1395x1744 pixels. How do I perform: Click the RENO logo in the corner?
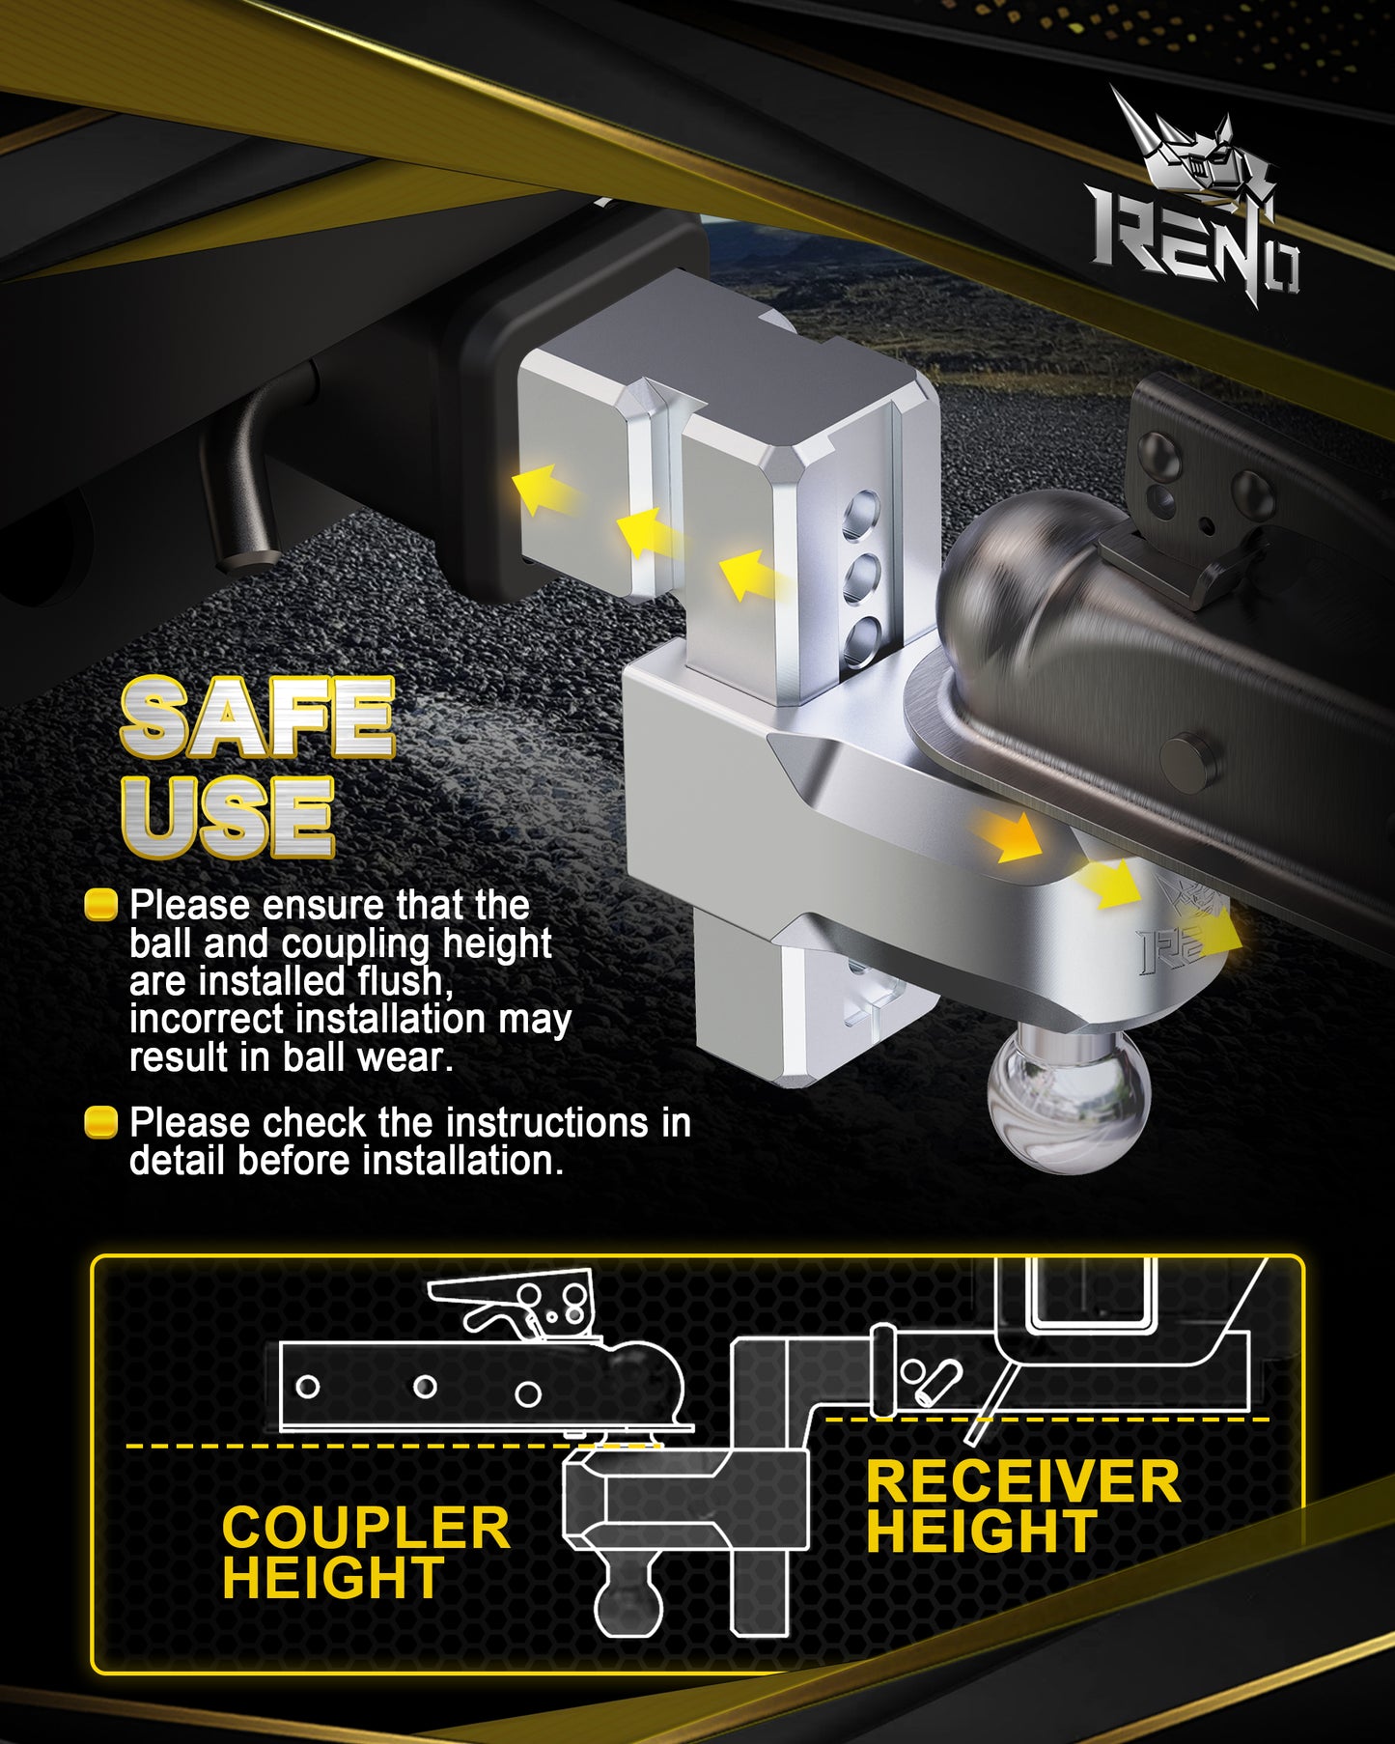click(x=1195, y=208)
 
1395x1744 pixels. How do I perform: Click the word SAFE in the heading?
click(x=257, y=717)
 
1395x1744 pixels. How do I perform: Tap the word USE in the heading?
click(x=228, y=816)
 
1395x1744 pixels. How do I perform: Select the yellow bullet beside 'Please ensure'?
click(x=100, y=905)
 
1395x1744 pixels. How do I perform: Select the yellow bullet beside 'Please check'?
click(x=100, y=1122)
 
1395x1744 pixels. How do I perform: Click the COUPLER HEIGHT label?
click(x=365, y=1552)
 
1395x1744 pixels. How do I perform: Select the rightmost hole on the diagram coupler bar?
click(x=527, y=1393)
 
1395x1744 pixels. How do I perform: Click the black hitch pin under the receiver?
click(x=247, y=483)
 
